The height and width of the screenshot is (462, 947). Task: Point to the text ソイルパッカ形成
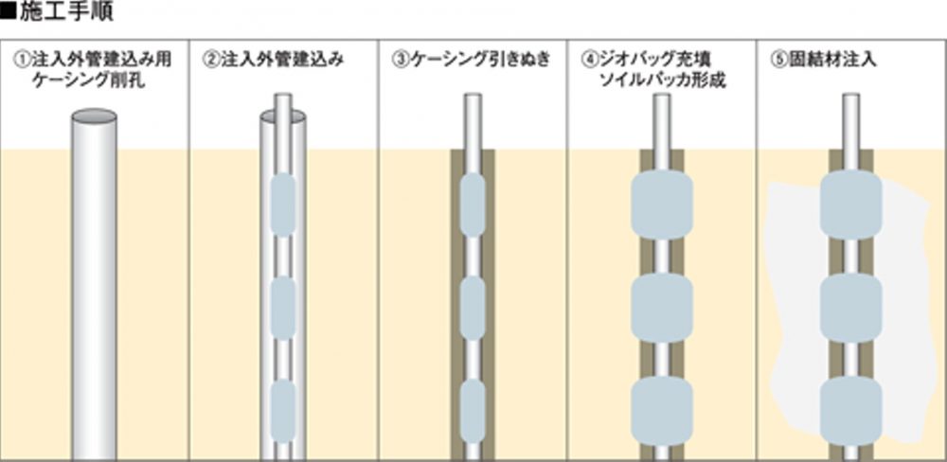(662, 80)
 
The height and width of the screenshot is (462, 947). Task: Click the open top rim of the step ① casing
(94, 116)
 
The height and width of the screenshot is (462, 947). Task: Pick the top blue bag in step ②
(283, 203)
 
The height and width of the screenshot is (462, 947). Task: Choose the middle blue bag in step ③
(473, 305)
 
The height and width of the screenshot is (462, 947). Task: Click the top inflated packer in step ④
(662, 204)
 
